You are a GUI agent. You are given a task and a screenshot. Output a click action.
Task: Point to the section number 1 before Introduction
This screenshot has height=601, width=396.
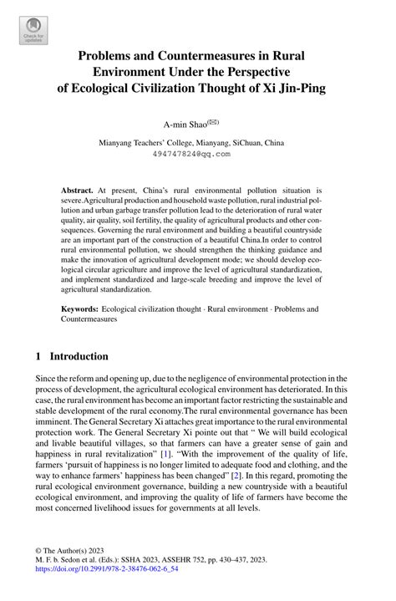click(38, 356)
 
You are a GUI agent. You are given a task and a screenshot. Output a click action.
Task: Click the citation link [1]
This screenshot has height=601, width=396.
click(201, 453)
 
